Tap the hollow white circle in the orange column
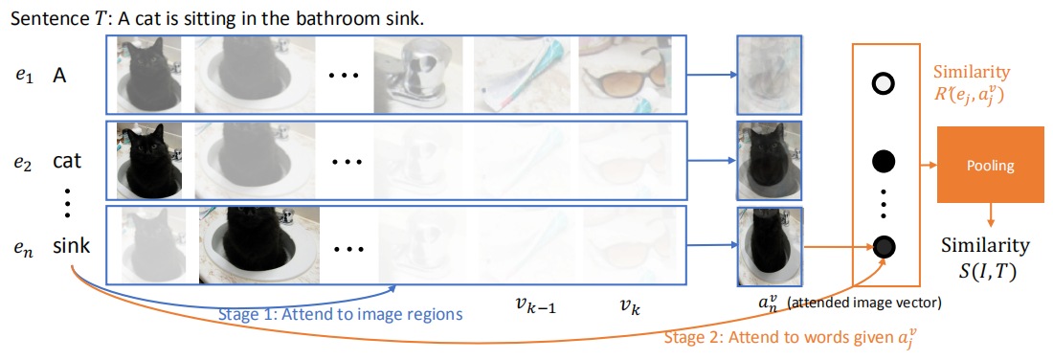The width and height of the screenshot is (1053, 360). click(x=882, y=84)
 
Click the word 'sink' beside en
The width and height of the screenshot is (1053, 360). click(x=72, y=245)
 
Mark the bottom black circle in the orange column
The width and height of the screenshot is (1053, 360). click(x=882, y=246)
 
